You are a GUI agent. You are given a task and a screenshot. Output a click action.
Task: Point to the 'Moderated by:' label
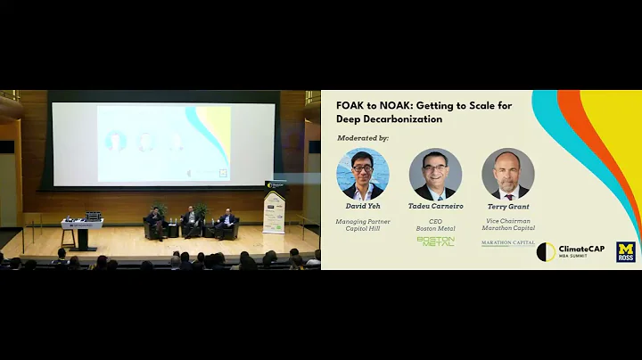[x=364, y=138]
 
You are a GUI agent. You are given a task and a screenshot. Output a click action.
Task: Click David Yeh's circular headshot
[x=364, y=174]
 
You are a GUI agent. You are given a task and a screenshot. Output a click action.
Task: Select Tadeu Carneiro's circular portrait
[x=435, y=174]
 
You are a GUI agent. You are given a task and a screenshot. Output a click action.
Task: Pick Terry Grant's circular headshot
[x=507, y=174]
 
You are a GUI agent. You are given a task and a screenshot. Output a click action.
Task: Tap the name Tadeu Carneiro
[x=435, y=207]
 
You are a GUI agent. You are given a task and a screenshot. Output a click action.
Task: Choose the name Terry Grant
[x=507, y=207]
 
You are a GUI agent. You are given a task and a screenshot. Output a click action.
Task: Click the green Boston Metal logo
[x=435, y=241]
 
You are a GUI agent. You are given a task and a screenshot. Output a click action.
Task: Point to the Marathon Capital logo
[x=507, y=241]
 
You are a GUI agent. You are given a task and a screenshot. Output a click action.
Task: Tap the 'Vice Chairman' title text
[x=507, y=220]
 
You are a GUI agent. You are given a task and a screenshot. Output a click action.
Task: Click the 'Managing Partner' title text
[x=364, y=220]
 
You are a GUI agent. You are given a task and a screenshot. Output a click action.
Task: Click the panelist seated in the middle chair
[x=189, y=221]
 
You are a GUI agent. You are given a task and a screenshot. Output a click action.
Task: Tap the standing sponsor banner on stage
[x=274, y=210]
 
